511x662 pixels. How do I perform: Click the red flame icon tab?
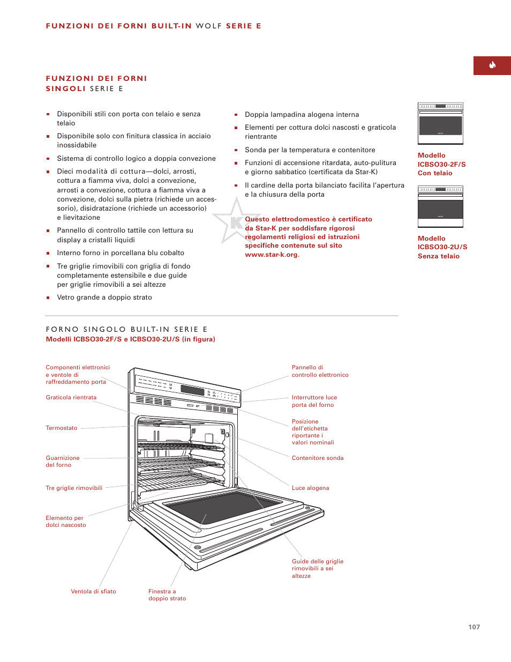point(492,65)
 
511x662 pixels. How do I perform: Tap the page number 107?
point(474,627)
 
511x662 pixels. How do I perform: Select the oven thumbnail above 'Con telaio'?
point(440,123)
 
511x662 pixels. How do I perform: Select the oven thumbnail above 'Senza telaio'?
point(440,206)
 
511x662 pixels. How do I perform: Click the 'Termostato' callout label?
point(62,428)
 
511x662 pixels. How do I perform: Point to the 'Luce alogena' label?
point(310,488)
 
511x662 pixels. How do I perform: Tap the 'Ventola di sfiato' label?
point(93,591)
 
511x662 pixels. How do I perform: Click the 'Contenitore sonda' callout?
point(317,458)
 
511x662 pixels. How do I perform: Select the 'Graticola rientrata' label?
point(71,397)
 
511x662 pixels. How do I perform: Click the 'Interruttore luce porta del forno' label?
point(314,401)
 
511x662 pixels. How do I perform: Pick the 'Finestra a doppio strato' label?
point(167,594)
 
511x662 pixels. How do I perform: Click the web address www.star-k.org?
point(272,255)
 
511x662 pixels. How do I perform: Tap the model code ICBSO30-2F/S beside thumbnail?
point(441,164)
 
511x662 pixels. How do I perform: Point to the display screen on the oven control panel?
point(192,390)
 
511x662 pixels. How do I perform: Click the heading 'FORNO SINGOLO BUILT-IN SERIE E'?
point(126,329)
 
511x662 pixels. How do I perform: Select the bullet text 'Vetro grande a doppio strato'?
point(104,297)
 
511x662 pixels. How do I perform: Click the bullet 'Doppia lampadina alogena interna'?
point(302,114)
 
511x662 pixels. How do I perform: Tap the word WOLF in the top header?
point(208,26)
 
